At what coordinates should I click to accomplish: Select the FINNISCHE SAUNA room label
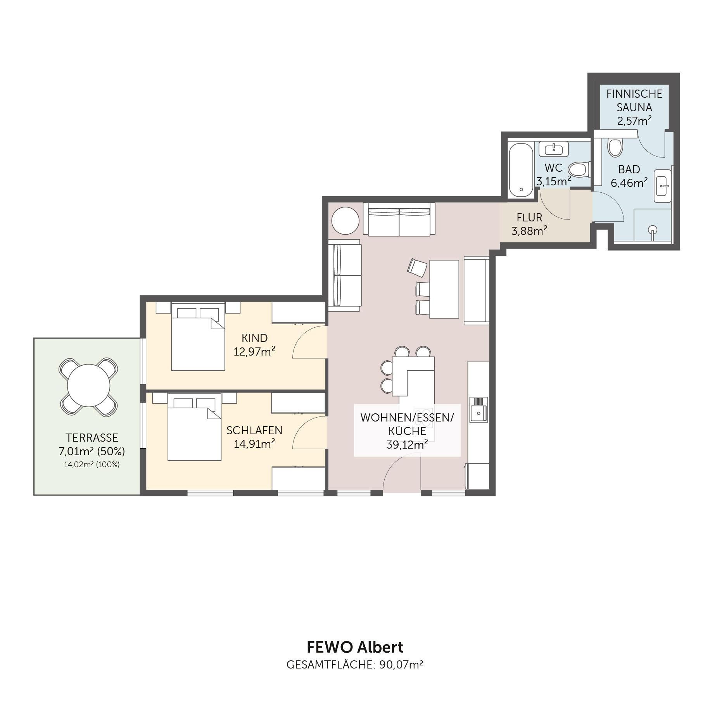[x=634, y=100]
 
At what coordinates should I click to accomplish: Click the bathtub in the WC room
[x=521, y=170]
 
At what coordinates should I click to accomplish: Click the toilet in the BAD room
[x=615, y=147]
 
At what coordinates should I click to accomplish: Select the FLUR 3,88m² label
[x=529, y=224]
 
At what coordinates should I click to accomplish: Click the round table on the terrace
[x=88, y=387]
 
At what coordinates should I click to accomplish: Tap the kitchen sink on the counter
[x=479, y=409]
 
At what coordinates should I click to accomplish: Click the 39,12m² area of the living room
[x=407, y=444]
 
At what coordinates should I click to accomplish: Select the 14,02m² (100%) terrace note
[x=92, y=465]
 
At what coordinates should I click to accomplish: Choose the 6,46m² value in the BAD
[x=629, y=183]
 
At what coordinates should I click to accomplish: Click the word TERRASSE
[x=92, y=438]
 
